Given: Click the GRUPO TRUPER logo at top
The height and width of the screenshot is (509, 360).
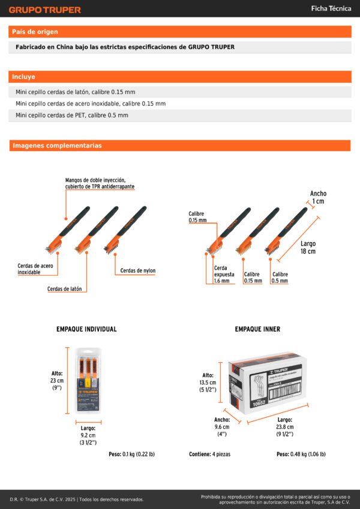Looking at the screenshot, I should [44, 10].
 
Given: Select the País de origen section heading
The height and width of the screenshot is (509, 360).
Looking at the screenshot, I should [35, 32].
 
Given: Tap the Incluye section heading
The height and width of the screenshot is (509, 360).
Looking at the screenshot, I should [24, 77].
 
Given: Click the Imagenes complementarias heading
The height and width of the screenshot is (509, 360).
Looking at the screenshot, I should [57, 146].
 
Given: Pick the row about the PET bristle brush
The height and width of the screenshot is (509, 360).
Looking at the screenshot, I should [72, 115].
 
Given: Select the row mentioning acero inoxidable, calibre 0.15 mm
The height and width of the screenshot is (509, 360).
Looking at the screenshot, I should [91, 103].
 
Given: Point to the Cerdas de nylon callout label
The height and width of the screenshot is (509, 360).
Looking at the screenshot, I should [137, 270].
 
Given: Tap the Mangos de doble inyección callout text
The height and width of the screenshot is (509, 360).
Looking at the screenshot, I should [100, 183].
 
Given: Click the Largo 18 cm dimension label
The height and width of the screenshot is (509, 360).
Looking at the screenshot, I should [308, 248].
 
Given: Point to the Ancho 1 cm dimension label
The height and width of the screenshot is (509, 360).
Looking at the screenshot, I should [318, 197].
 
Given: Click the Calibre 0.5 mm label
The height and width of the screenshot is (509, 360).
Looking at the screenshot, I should [279, 277].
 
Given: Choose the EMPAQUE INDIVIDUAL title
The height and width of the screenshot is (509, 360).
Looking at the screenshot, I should [86, 329].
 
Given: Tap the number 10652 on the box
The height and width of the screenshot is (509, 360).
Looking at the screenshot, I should [259, 403].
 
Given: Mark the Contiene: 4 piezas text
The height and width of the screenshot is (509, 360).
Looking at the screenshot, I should [209, 454].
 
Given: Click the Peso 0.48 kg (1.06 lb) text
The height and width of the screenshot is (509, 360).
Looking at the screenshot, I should [301, 454].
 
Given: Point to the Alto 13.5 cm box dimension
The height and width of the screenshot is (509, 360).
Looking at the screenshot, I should [208, 381].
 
